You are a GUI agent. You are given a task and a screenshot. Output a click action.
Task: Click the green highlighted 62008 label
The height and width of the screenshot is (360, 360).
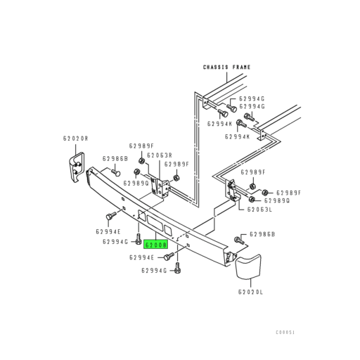point(155,246)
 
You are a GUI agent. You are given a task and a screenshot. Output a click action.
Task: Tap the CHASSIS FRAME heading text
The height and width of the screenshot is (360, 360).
point(226,67)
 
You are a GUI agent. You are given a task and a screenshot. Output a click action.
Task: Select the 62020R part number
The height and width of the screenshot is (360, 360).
point(75,139)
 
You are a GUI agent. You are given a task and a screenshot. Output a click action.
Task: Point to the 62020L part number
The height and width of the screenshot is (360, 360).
point(252,291)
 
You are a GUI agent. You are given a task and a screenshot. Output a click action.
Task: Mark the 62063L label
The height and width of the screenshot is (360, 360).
point(260,209)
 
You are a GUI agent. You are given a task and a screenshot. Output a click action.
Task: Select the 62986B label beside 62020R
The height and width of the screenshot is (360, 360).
point(115,159)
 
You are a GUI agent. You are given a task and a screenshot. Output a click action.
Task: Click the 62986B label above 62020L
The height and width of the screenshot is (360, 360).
point(262,233)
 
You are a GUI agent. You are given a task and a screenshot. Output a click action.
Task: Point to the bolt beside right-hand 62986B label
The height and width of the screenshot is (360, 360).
point(238,241)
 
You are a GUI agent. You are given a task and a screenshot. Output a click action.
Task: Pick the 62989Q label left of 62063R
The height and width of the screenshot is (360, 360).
point(136,183)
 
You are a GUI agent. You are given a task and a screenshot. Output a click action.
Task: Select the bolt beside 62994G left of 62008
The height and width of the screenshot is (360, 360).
point(138,243)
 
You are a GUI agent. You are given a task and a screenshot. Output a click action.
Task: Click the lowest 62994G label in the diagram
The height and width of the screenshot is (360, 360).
point(154,269)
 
